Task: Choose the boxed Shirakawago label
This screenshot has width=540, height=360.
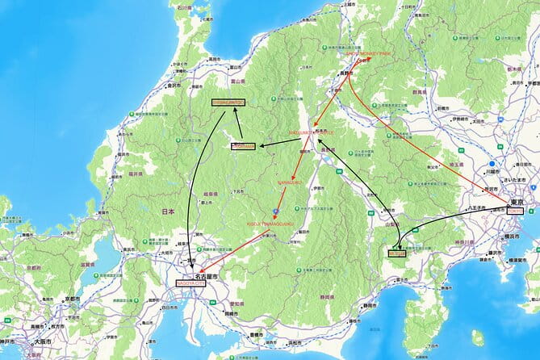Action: [227, 103]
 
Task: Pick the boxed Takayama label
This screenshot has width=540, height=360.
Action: [243, 146]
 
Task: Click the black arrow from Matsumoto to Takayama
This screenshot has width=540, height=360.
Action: [278, 144]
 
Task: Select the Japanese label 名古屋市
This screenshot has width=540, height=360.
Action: [207, 276]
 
